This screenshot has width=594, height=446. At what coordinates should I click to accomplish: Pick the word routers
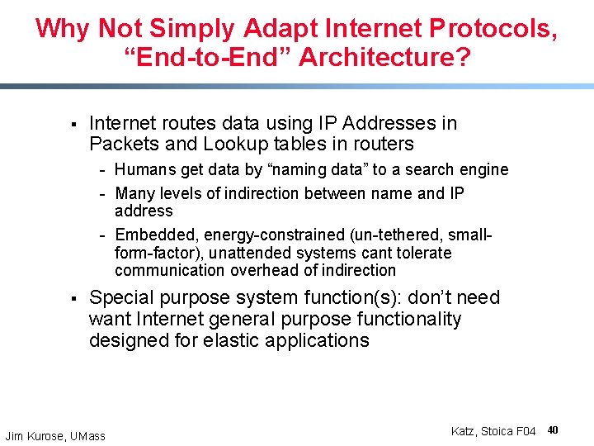pos(380,145)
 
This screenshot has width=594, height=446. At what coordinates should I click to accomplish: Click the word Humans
pos(144,170)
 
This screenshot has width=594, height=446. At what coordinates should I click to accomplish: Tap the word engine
pos(482,170)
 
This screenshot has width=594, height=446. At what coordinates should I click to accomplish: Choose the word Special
pos(123,298)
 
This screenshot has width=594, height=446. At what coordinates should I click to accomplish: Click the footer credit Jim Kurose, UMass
pos(55,435)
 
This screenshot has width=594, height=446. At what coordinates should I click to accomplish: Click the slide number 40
pos(553,430)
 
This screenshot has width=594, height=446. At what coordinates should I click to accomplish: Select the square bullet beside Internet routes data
pos(73,125)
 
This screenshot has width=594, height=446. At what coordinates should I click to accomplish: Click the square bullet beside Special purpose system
pos(73,299)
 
